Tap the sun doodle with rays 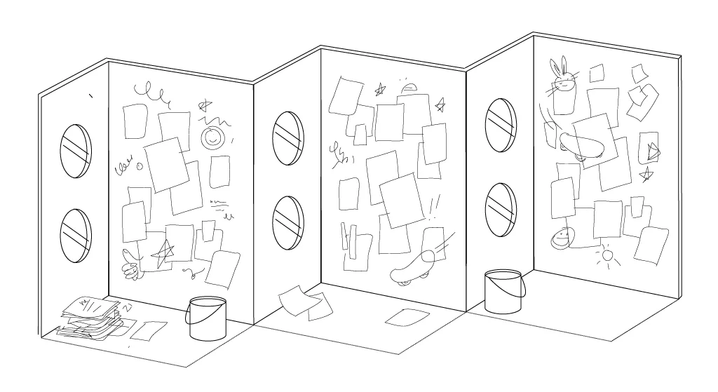tap(608, 256)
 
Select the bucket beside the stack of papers tap(207, 319)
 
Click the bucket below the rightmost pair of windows tap(503, 291)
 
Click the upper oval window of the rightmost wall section tap(501, 124)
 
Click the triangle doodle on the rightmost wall tap(653, 150)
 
